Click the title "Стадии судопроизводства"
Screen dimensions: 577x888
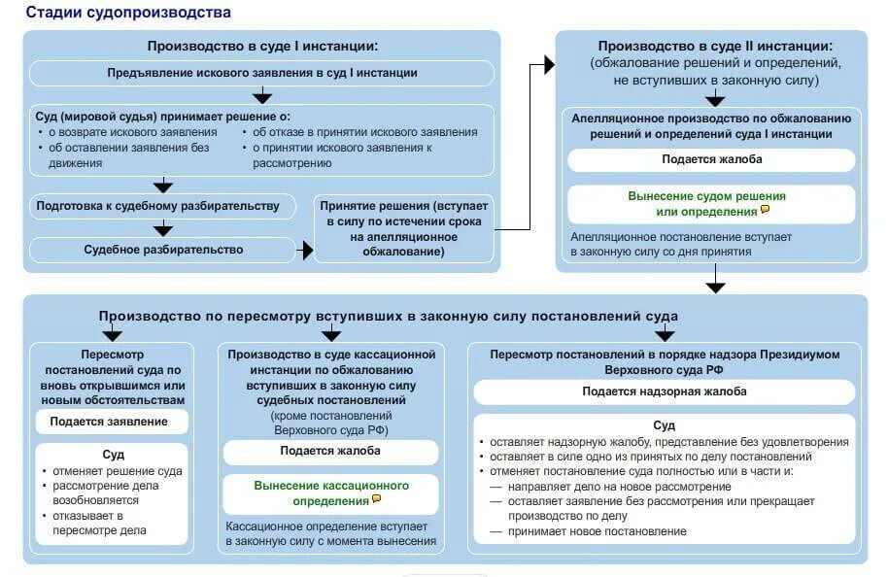tap(128, 13)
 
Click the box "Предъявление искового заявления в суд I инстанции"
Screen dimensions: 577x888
tap(261, 73)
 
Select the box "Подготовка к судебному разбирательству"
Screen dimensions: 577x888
tap(157, 206)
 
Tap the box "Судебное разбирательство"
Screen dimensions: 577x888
tap(163, 250)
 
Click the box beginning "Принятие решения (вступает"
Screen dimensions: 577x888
tap(405, 229)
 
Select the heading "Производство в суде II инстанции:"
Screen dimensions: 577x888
tap(714, 46)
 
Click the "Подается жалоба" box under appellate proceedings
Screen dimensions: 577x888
tap(711, 159)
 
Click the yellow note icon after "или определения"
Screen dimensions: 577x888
tap(766, 210)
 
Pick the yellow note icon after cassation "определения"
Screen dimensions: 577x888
tap(376, 499)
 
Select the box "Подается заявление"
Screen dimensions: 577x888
tap(109, 422)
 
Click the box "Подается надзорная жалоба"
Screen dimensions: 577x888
tap(665, 391)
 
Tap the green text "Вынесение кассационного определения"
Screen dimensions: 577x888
tap(331, 492)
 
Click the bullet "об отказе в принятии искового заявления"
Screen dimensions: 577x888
tap(365, 132)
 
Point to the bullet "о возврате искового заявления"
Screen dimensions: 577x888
tap(127, 132)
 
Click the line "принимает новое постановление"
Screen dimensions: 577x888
tap(596, 531)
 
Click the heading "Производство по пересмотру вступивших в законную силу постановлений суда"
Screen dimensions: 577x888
tap(388, 317)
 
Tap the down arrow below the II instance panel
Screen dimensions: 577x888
tap(715, 283)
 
